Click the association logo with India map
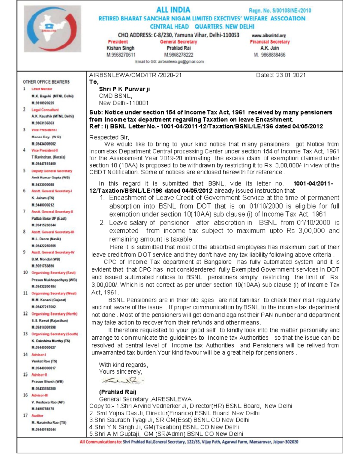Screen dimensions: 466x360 pos(52,29)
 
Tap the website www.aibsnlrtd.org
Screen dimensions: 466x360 pos(269,35)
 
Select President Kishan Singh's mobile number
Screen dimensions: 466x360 pos(121,55)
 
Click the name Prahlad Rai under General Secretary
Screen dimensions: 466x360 pos(178,48)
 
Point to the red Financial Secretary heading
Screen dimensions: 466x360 pos(270,42)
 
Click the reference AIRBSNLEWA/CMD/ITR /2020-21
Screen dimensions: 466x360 pos(135,75)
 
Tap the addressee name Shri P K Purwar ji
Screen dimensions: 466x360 pos(124,89)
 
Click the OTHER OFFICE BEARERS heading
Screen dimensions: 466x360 pos(46,82)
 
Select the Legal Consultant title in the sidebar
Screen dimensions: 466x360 pos(45,110)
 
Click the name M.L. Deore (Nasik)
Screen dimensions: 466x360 pos(46,239)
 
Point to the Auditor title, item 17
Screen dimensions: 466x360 pos(37,416)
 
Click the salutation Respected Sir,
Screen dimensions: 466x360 pos(109,137)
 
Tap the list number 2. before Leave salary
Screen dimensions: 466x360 pos(102,223)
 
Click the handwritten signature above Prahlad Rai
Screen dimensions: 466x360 pos(123,381)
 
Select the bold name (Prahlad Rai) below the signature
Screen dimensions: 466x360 pos(118,392)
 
